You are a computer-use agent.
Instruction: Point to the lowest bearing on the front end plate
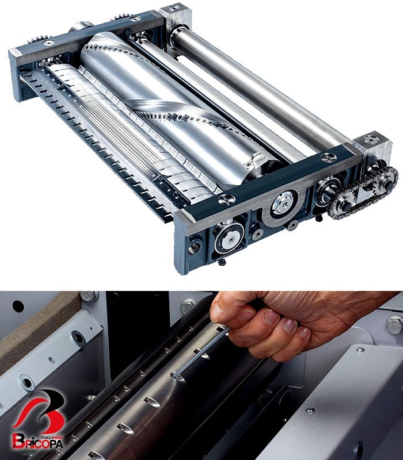coord(229,236)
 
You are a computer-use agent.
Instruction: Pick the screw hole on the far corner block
coord(176,8)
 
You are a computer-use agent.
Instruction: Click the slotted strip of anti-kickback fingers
coord(94,144)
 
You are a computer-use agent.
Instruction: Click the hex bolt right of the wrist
coord(394,325)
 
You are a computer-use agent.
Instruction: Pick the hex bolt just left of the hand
coord(188,306)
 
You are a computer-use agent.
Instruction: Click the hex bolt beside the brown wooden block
coord(89,296)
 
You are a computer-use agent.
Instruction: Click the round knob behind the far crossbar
coord(81,26)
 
